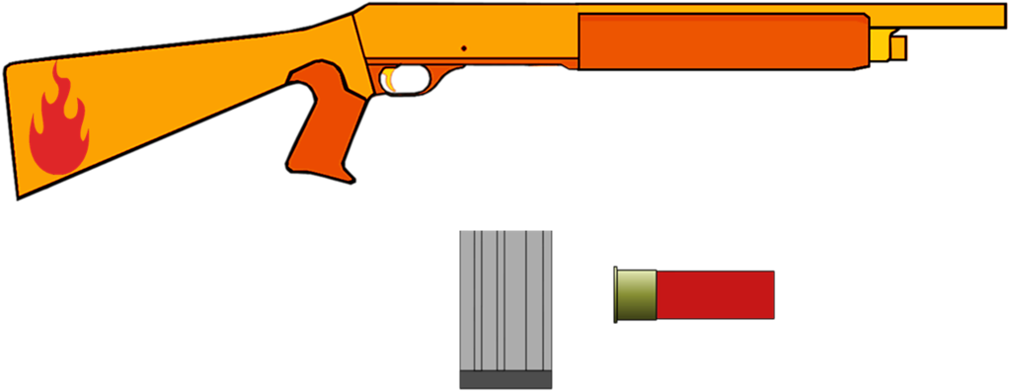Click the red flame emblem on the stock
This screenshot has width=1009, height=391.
coord(58,128)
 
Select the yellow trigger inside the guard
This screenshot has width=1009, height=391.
coord(394,79)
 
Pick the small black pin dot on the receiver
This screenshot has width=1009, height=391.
coord(463,46)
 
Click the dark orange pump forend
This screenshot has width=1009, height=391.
coord(721,41)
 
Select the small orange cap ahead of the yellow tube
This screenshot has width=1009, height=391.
coord(899,46)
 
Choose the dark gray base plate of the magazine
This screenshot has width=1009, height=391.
coord(505,379)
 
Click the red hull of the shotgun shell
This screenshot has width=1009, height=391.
coord(715,294)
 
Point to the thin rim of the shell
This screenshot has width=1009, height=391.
coord(617,294)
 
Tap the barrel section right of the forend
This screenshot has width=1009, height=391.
coord(938,15)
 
